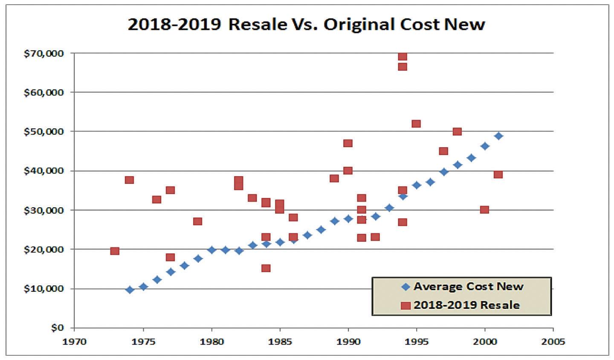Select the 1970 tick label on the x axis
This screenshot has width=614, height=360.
pos(74,342)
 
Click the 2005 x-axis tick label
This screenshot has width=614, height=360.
pos(553,342)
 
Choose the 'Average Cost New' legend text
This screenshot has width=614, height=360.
pos(468,286)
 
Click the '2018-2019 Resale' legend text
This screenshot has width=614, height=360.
pos(466,305)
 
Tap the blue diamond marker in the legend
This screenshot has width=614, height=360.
pos(406,287)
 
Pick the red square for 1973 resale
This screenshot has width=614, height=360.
pos(115,251)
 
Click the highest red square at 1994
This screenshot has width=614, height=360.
pos(403,57)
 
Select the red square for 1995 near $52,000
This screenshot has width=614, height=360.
pos(416,124)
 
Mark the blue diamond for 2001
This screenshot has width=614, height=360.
pos(498,136)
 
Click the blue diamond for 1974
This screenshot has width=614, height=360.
pos(130,290)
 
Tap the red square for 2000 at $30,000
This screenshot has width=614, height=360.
pos(484,209)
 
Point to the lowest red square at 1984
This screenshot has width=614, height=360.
pos(266,268)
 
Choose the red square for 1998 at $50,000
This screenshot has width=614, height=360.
pos(457,131)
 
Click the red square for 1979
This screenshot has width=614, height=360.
pos(197,221)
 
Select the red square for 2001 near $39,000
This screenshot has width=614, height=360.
pos(498,174)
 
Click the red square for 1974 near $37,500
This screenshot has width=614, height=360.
pos(130,180)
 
